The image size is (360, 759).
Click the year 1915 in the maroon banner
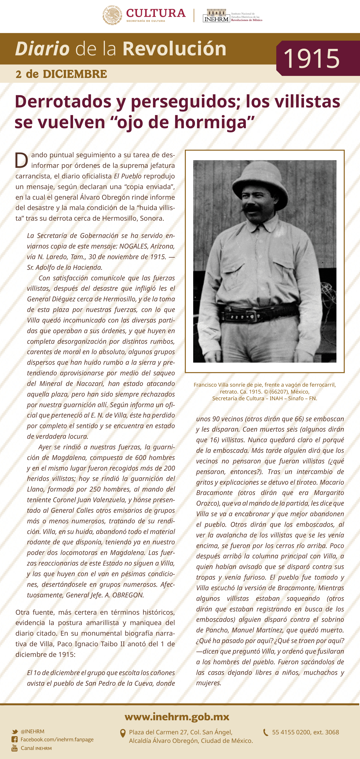pos(311,58)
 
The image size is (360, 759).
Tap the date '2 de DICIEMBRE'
pos(61,74)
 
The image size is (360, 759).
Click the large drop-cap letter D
pos(21,160)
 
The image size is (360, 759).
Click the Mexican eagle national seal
pos(112,15)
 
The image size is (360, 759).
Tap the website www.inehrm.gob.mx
pos(177,716)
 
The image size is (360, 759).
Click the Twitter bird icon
pos(15,731)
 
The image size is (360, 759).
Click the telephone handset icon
pos(266,732)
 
